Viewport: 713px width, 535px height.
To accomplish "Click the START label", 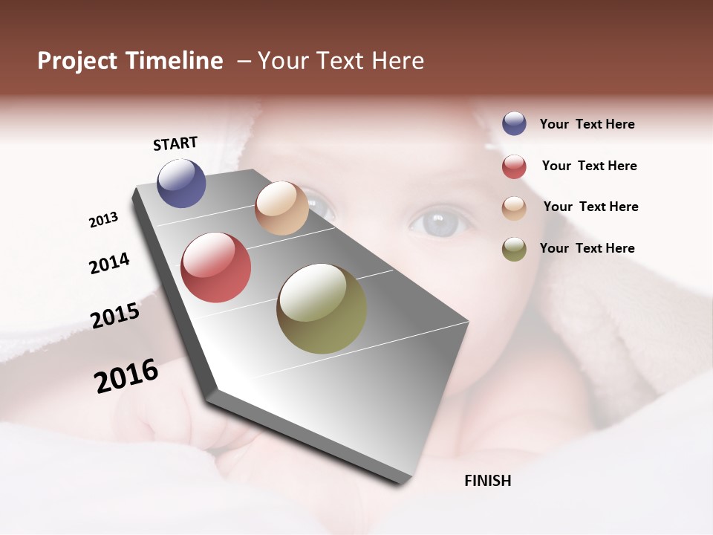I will point(175,143).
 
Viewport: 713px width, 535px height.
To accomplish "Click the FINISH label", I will point(487,481).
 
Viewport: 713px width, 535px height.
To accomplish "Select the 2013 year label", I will point(103,220).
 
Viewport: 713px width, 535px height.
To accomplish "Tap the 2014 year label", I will point(109,263).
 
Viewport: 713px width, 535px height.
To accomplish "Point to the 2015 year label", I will point(115,316).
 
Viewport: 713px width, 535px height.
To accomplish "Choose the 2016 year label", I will point(126,376).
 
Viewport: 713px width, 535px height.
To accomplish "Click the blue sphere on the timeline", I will point(181,184).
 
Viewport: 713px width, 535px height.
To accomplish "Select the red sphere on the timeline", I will point(215,267).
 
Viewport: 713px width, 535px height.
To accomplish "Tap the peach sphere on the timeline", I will point(281,208).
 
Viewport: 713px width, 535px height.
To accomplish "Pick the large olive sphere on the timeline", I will point(322,308).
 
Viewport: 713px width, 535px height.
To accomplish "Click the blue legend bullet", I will point(514,124).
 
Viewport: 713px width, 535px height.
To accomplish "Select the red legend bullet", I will point(514,166).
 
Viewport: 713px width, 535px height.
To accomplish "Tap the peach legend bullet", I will point(514,208).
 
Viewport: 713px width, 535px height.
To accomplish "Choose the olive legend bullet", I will point(514,249).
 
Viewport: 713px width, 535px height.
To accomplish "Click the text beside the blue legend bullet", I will point(587,124).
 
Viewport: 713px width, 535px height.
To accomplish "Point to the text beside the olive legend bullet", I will point(587,248).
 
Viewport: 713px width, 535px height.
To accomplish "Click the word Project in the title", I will point(78,61).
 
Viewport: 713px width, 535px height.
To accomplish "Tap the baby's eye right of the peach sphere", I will point(440,222).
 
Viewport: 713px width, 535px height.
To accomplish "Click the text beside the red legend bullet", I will point(589,166).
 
